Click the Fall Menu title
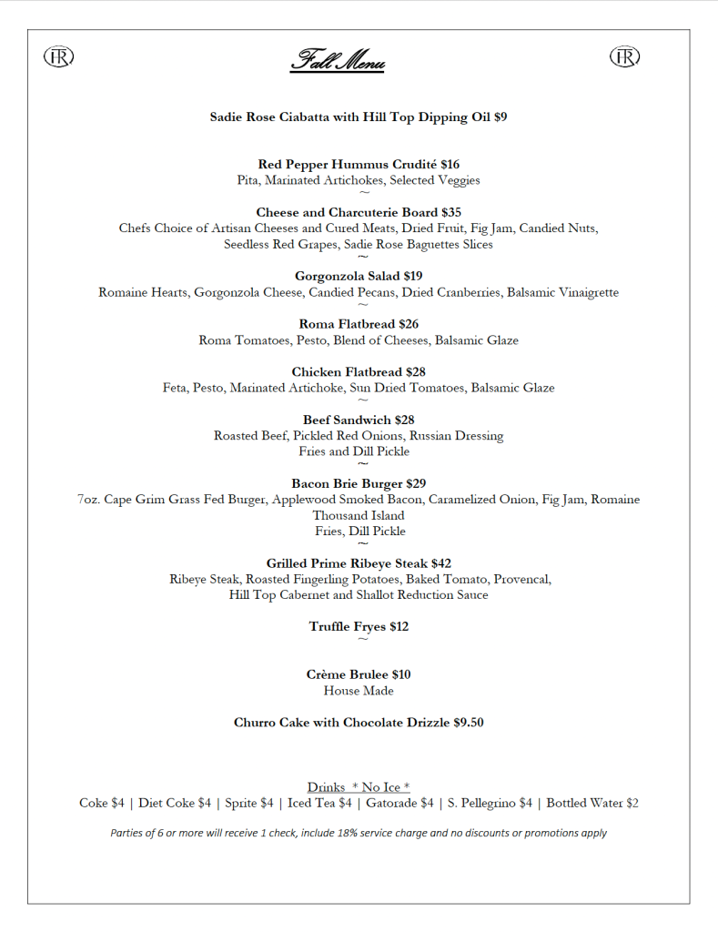tap(338, 62)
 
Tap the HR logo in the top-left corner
tap(58, 56)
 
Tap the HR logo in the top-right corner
tap(624, 56)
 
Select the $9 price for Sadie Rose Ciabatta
tap(501, 117)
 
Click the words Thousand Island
tap(359, 515)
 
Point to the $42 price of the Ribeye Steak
tap(441, 563)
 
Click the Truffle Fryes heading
tap(348, 627)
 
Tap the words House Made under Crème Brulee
tap(359, 691)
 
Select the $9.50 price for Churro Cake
tap(469, 723)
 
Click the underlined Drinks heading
tap(326, 787)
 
